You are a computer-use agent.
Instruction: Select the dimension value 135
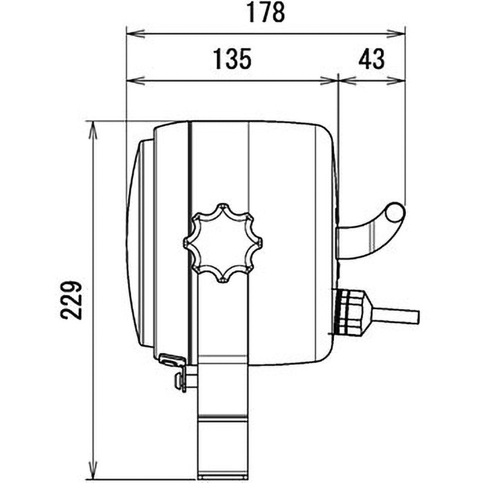tap(231, 60)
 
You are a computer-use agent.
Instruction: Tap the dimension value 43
tap(371, 60)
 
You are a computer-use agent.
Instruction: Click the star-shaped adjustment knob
tap(223, 243)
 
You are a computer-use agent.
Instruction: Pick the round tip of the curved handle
tap(395, 213)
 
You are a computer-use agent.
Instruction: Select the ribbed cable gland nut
tap(352, 311)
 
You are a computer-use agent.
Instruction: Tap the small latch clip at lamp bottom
tap(172, 361)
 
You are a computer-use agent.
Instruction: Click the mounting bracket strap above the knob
tap(219, 163)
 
